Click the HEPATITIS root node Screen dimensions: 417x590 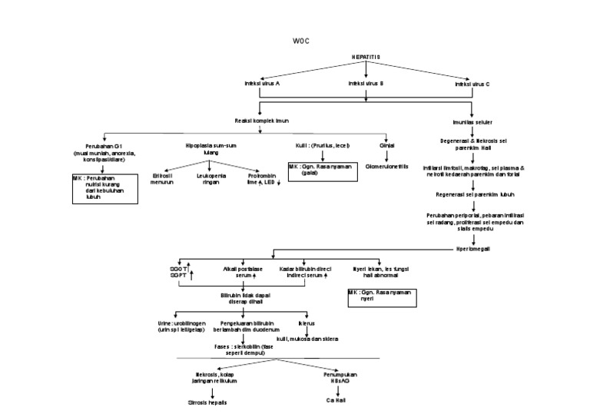365,57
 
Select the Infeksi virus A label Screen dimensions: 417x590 262,83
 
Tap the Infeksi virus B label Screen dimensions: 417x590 366,83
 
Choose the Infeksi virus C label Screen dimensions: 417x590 472,83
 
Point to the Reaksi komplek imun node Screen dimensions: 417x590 261,121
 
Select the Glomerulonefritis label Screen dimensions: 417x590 387,166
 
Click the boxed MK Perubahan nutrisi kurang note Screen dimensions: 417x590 102,187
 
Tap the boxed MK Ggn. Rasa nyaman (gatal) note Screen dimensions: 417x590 323,170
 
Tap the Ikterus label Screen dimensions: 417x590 308,323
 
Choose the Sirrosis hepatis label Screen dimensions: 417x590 208,402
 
